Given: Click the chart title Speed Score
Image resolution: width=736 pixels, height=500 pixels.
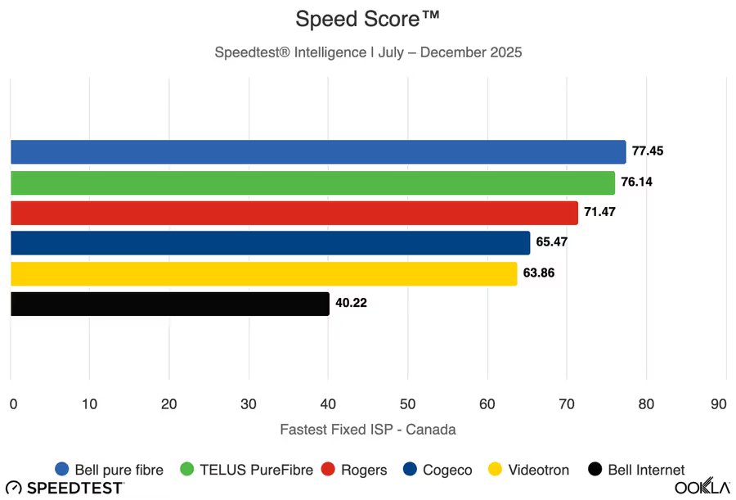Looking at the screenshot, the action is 367,20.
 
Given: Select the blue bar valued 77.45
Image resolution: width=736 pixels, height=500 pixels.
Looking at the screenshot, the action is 318,151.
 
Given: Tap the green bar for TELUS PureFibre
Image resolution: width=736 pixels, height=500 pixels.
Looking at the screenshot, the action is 312,182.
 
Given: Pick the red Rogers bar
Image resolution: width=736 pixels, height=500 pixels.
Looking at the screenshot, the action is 294,213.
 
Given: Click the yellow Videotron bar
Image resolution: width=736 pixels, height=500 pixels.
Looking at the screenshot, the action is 264,273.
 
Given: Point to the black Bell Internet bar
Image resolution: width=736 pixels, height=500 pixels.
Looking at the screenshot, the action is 170,304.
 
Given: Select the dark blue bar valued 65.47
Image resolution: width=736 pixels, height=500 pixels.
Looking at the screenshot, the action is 271,243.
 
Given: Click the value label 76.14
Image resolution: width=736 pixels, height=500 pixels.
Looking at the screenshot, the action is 636,182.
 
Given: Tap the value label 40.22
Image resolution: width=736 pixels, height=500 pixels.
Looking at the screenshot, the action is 351,303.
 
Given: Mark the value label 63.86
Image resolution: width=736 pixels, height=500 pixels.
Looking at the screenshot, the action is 539,273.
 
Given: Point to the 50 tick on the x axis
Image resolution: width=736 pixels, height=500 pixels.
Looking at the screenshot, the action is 407,404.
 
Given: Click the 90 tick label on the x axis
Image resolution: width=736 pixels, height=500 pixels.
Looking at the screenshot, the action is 718,404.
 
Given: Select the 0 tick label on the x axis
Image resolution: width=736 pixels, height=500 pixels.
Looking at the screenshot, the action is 13,404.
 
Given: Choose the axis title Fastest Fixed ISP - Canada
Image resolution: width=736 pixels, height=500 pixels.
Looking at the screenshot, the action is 367,430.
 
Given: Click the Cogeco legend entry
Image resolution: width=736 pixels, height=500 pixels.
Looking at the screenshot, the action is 438,470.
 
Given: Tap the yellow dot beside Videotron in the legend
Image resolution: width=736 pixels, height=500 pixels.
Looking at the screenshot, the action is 495,469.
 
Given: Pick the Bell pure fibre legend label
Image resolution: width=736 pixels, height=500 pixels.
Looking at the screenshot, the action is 119,470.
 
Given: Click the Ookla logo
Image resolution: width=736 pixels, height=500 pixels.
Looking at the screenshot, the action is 702,486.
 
